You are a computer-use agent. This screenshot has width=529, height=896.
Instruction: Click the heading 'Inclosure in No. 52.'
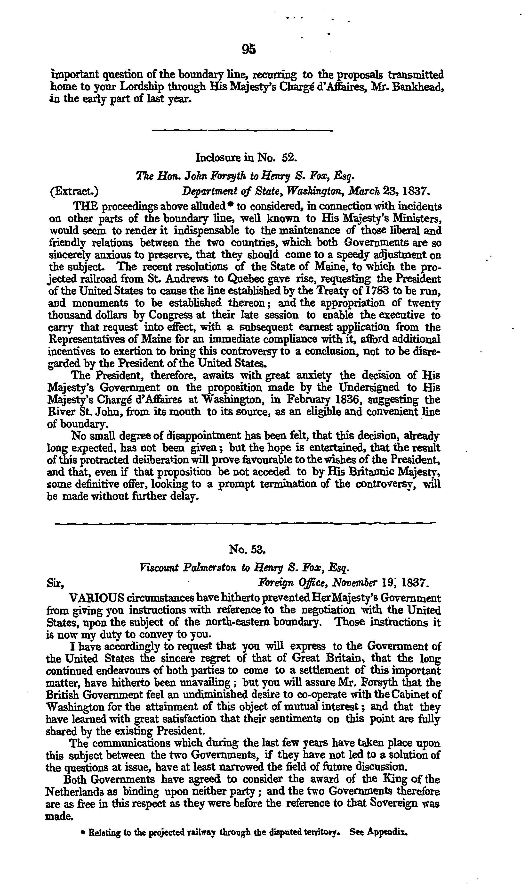246,157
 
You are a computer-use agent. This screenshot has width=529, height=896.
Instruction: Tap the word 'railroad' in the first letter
80,279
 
